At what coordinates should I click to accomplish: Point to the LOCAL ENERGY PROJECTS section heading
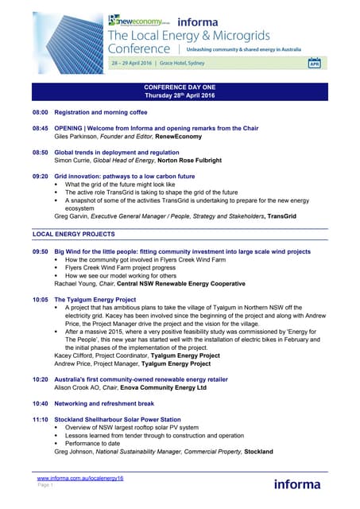click(x=73, y=235)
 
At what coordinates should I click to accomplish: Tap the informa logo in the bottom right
click(x=297, y=484)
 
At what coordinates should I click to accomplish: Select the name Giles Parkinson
click(x=78, y=136)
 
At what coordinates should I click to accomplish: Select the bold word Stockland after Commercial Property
click(x=258, y=451)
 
